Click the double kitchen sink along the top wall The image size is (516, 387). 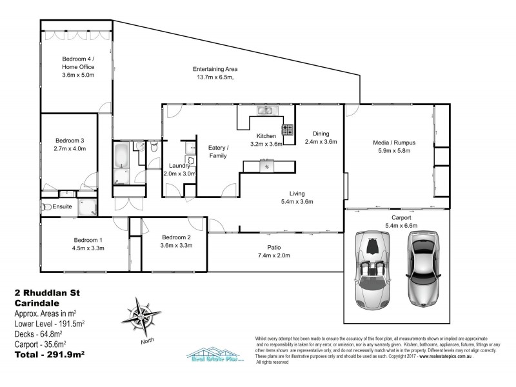click(x=265, y=112)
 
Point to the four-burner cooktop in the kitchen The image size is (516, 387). click(x=288, y=132)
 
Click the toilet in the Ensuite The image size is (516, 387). click(x=46, y=207)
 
